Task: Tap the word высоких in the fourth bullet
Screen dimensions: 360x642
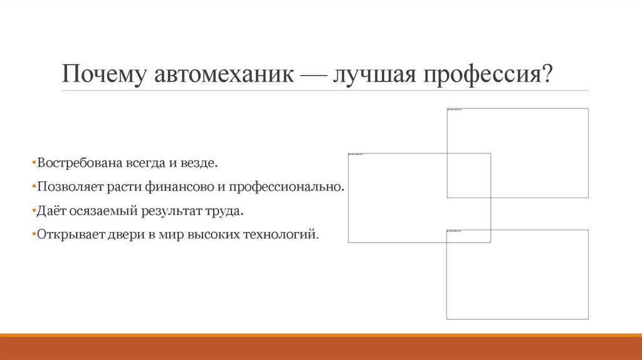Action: tap(215, 235)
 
